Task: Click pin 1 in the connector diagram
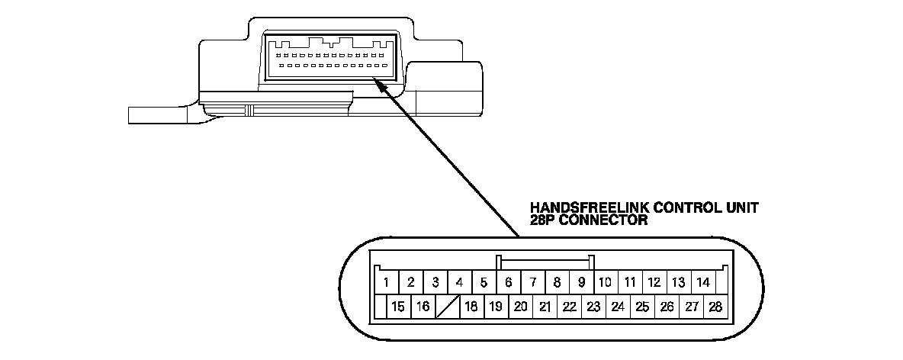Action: point(387,282)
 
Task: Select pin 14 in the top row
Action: point(703,282)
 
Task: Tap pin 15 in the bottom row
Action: point(398,307)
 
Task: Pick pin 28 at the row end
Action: point(715,307)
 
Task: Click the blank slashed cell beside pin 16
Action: point(447,307)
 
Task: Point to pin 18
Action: point(471,307)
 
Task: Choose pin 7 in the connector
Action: point(533,282)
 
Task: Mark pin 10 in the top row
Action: point(606,282)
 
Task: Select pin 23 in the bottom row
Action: point(593,307)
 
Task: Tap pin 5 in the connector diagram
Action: point(484,282)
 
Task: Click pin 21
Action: point(545,307)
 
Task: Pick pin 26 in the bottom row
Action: point(667,307)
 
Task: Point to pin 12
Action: point(654,282)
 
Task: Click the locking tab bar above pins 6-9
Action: point(545,259)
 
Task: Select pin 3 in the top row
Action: point(435,282)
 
